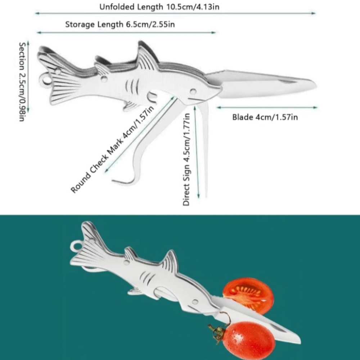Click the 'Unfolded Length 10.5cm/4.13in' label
coord(159,7)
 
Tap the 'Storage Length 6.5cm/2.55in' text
coord(120,24)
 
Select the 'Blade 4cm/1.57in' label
coord(265,117)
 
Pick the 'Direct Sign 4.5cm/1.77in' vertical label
coord(186,159)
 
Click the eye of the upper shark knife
coord(193,91)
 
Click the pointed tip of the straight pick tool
coord(206,197)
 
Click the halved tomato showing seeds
coord(248,296)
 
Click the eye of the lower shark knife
coord(195,302)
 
